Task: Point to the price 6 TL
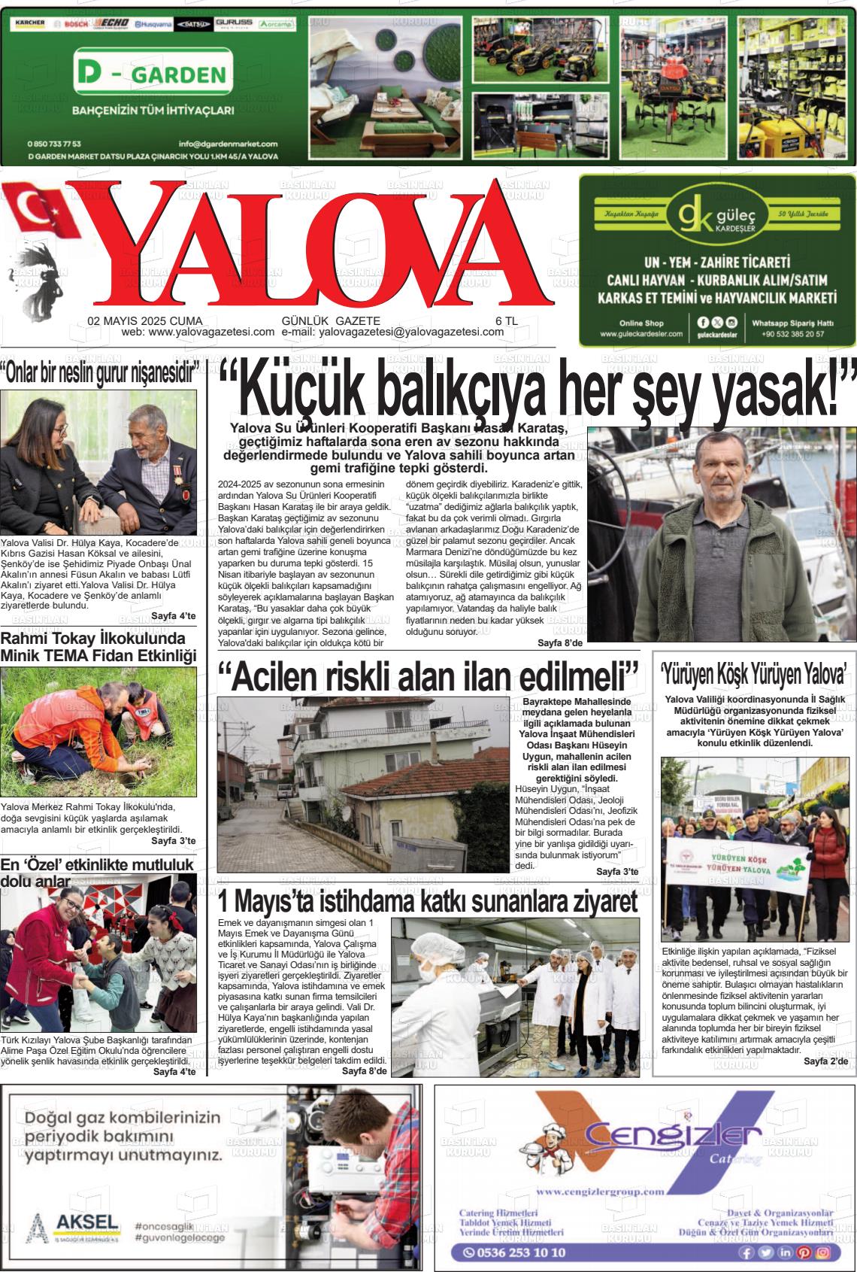[x=507, y=320]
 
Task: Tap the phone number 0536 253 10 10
[x=515, y=1252]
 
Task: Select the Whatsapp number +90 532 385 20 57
[x=792, y=334]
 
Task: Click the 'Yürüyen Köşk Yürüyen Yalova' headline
[x=754, y=671]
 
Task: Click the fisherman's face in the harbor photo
[x=718, y=471]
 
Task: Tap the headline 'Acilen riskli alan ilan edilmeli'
[x=428, y=676]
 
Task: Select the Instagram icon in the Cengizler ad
[x=822, y=1252]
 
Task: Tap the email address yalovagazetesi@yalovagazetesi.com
[x=411, y=332]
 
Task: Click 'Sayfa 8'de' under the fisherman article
[x=560, y=643]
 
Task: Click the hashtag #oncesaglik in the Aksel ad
[x=162, y=1226]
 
